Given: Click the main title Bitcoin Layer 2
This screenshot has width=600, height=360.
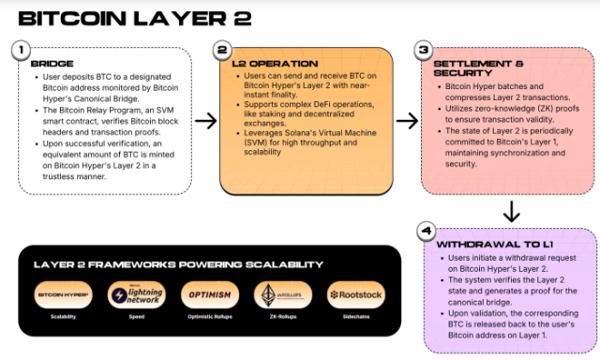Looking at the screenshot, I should coord(127,18).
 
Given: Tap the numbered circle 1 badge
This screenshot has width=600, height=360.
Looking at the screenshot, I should coord(18,50).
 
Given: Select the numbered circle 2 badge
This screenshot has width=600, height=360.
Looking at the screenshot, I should coord(222,50).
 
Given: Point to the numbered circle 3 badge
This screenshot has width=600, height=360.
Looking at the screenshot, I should coord(424,50).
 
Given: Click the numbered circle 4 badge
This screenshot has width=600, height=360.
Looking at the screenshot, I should coord(424,230).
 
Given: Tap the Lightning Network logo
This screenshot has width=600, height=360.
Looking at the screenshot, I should coord(138,294).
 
